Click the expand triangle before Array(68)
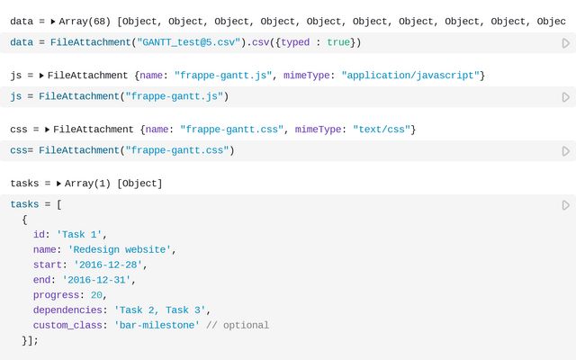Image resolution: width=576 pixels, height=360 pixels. [53, 22]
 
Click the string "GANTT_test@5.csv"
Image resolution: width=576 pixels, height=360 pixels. [188, 42]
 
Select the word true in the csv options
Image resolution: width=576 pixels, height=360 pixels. [338, 42]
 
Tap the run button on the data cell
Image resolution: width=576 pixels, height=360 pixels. [566, 43]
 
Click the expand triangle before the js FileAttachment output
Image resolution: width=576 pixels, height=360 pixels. [41, 76]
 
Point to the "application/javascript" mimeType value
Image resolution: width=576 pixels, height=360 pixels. [410, 76]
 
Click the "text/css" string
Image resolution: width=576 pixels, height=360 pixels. [382, 130]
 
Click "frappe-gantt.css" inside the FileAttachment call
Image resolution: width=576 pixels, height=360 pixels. [177, 150]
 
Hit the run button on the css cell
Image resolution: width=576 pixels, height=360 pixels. [566, 151]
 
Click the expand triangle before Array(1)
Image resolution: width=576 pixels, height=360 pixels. [58, 184]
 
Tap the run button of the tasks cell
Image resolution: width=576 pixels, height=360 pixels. [566, 205]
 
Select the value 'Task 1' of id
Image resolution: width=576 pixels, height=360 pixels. [79, 234]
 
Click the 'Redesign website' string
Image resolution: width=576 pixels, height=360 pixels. [120, 249]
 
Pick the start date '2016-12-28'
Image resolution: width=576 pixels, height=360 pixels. [108, 265]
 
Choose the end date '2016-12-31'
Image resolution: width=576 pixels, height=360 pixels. [96, 280]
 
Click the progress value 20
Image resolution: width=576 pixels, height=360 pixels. [96, 295]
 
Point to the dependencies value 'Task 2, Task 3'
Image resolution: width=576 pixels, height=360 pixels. [160, 310]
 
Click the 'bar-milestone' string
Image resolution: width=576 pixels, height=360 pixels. [157, 325]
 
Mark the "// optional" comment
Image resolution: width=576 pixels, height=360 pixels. [238, 325]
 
